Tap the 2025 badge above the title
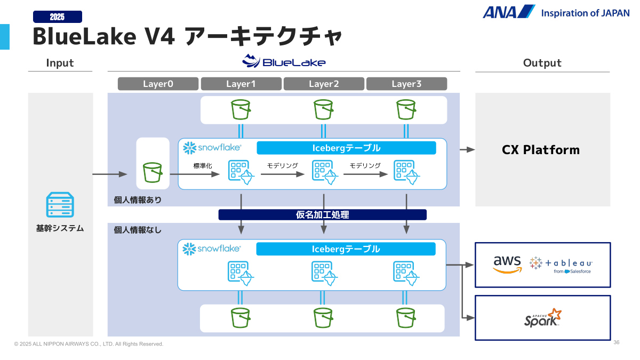coord(58,17)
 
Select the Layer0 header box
coord(158,84)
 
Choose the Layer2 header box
coord(324,84)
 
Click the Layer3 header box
coord(406,84)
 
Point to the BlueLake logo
coord(284,61)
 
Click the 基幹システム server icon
coord(60,205)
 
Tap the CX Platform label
coord(541,150)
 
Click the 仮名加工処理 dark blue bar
coord(322,215)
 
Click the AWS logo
coord(507,263)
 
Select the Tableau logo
coord(561,263)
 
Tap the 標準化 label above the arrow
coord(203,166)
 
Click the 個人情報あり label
coord(138,200)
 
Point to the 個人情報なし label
coord(138,230)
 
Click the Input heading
coord(60,63)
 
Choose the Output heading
coord(542,63)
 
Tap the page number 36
coord(617,342)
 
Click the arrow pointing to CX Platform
coord(467,150)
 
